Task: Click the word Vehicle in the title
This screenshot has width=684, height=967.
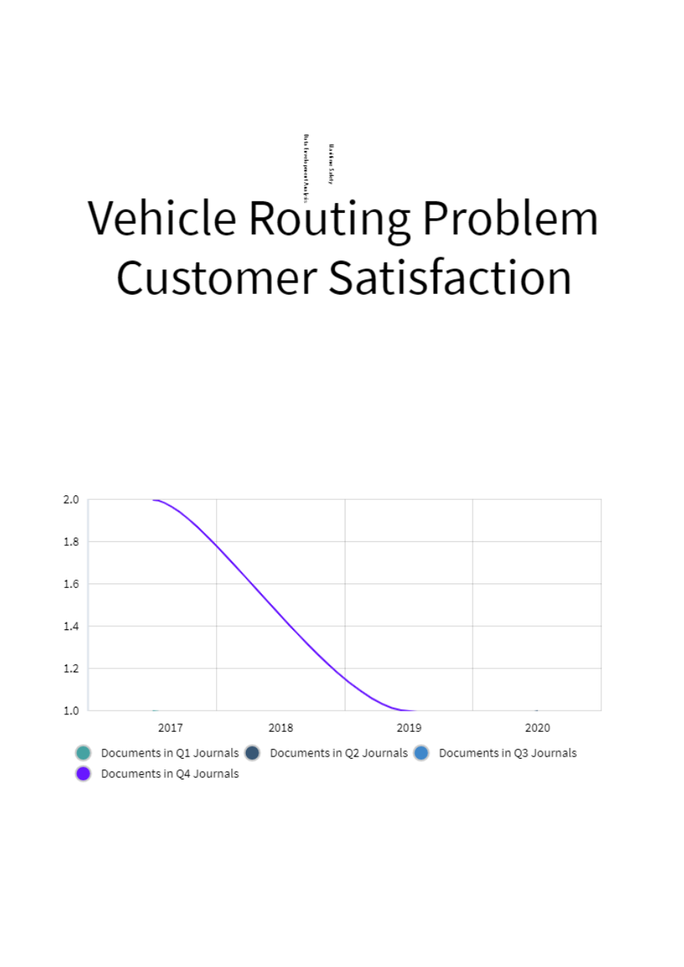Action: pos(162,217)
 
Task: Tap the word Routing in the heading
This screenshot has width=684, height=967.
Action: pos(329,219)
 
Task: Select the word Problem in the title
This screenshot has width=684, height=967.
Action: pos(509,219)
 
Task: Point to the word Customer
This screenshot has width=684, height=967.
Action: pos(217,277)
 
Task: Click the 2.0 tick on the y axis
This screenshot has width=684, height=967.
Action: pos(71,500)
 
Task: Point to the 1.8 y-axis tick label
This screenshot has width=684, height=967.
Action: pos(71,542)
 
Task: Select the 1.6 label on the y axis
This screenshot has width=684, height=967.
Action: pos(71,584)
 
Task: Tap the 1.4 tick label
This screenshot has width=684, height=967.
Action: pos(71,626)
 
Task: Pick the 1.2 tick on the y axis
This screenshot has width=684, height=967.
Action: pos(71,668)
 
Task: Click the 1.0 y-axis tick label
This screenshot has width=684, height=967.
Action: pos(71,711)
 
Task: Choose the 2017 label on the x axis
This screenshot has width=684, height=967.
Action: pos(171,728)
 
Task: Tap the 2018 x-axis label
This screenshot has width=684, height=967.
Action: pos(280,728)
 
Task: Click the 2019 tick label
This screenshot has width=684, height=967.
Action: pos(409,728)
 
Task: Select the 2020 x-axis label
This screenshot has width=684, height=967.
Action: pos(537,728)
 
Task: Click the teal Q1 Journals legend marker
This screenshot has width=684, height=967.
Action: pos(83,753)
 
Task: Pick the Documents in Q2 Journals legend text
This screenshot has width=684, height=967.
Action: pos(339,753)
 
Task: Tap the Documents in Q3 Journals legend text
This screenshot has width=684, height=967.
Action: pos(507,753)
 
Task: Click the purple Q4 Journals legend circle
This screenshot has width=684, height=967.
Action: pos(83,773)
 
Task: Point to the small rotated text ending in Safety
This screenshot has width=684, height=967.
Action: pos(332,164)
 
